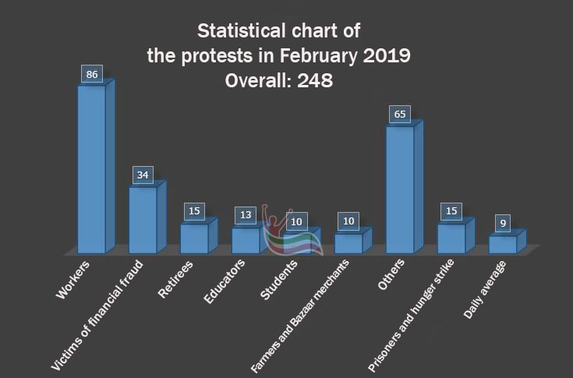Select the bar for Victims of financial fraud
pos(143,219)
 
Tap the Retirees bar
pos(194,238)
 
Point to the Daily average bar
pos(503,244)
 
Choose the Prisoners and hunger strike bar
pos(451,238)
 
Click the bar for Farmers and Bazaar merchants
pos(348,242)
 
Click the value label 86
pos(92,75)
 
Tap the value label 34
pos(143,175)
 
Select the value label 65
pos(401,115)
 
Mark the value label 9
pos(504,224)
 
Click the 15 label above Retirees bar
pos(195,211)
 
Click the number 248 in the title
pos(314,80)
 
